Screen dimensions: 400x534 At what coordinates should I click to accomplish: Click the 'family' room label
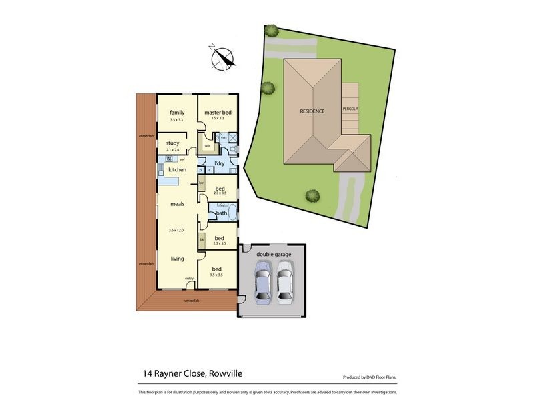[x=177, y=112]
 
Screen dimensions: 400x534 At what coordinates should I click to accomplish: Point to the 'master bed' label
[x=218, y=112]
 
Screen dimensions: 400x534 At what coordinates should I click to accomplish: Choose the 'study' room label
[x=172, y=143]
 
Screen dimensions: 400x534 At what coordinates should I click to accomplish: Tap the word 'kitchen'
[x=177, y=170]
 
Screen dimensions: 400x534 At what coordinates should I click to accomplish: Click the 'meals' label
[x=177, y=204]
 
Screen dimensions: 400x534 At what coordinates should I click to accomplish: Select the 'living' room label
[x=177, y=259]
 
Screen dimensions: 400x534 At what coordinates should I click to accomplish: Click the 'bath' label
[x=222, y=213]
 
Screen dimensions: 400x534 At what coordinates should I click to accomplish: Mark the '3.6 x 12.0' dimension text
[x=177, y=229]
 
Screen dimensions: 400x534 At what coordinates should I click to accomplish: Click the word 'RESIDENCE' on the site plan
[x=312, y=111]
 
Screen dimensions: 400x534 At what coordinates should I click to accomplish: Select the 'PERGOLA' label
[x=350, y=108]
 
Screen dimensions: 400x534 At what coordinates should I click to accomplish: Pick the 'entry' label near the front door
[x=189, y=278]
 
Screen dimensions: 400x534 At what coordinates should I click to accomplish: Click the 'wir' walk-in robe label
[x=207, y=145]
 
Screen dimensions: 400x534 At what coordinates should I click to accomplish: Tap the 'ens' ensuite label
[x=224, y=137]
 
